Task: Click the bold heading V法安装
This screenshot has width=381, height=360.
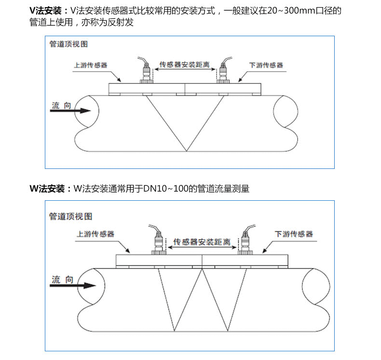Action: [45, 11]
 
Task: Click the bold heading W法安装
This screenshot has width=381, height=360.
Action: [47, 189]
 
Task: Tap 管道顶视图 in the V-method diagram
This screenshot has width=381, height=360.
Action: [68, 44]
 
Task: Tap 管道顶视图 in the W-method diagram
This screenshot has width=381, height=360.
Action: [71, 216]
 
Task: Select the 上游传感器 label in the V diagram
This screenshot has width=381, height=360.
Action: [91, 65]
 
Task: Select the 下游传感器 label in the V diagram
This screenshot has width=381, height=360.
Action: [266, 65]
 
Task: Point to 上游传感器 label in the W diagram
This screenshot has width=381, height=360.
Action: [95, 234]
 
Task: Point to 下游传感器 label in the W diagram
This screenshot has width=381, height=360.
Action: [294, 234]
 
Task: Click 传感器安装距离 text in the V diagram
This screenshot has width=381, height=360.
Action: [184, 64]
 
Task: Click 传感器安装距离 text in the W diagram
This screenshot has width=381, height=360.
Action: [202, 242]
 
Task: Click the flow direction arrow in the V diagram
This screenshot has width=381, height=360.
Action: [70, 111]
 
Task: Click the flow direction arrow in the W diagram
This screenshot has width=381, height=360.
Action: [73, 285]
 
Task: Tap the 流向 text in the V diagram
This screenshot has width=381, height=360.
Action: [61, 105]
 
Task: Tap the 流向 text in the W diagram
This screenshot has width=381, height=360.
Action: [62, 279]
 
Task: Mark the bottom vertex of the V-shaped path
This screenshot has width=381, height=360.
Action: [186, 152]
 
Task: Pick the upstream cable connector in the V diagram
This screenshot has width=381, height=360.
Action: [146, 70]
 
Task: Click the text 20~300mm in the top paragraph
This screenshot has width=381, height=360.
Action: [291, 11]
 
